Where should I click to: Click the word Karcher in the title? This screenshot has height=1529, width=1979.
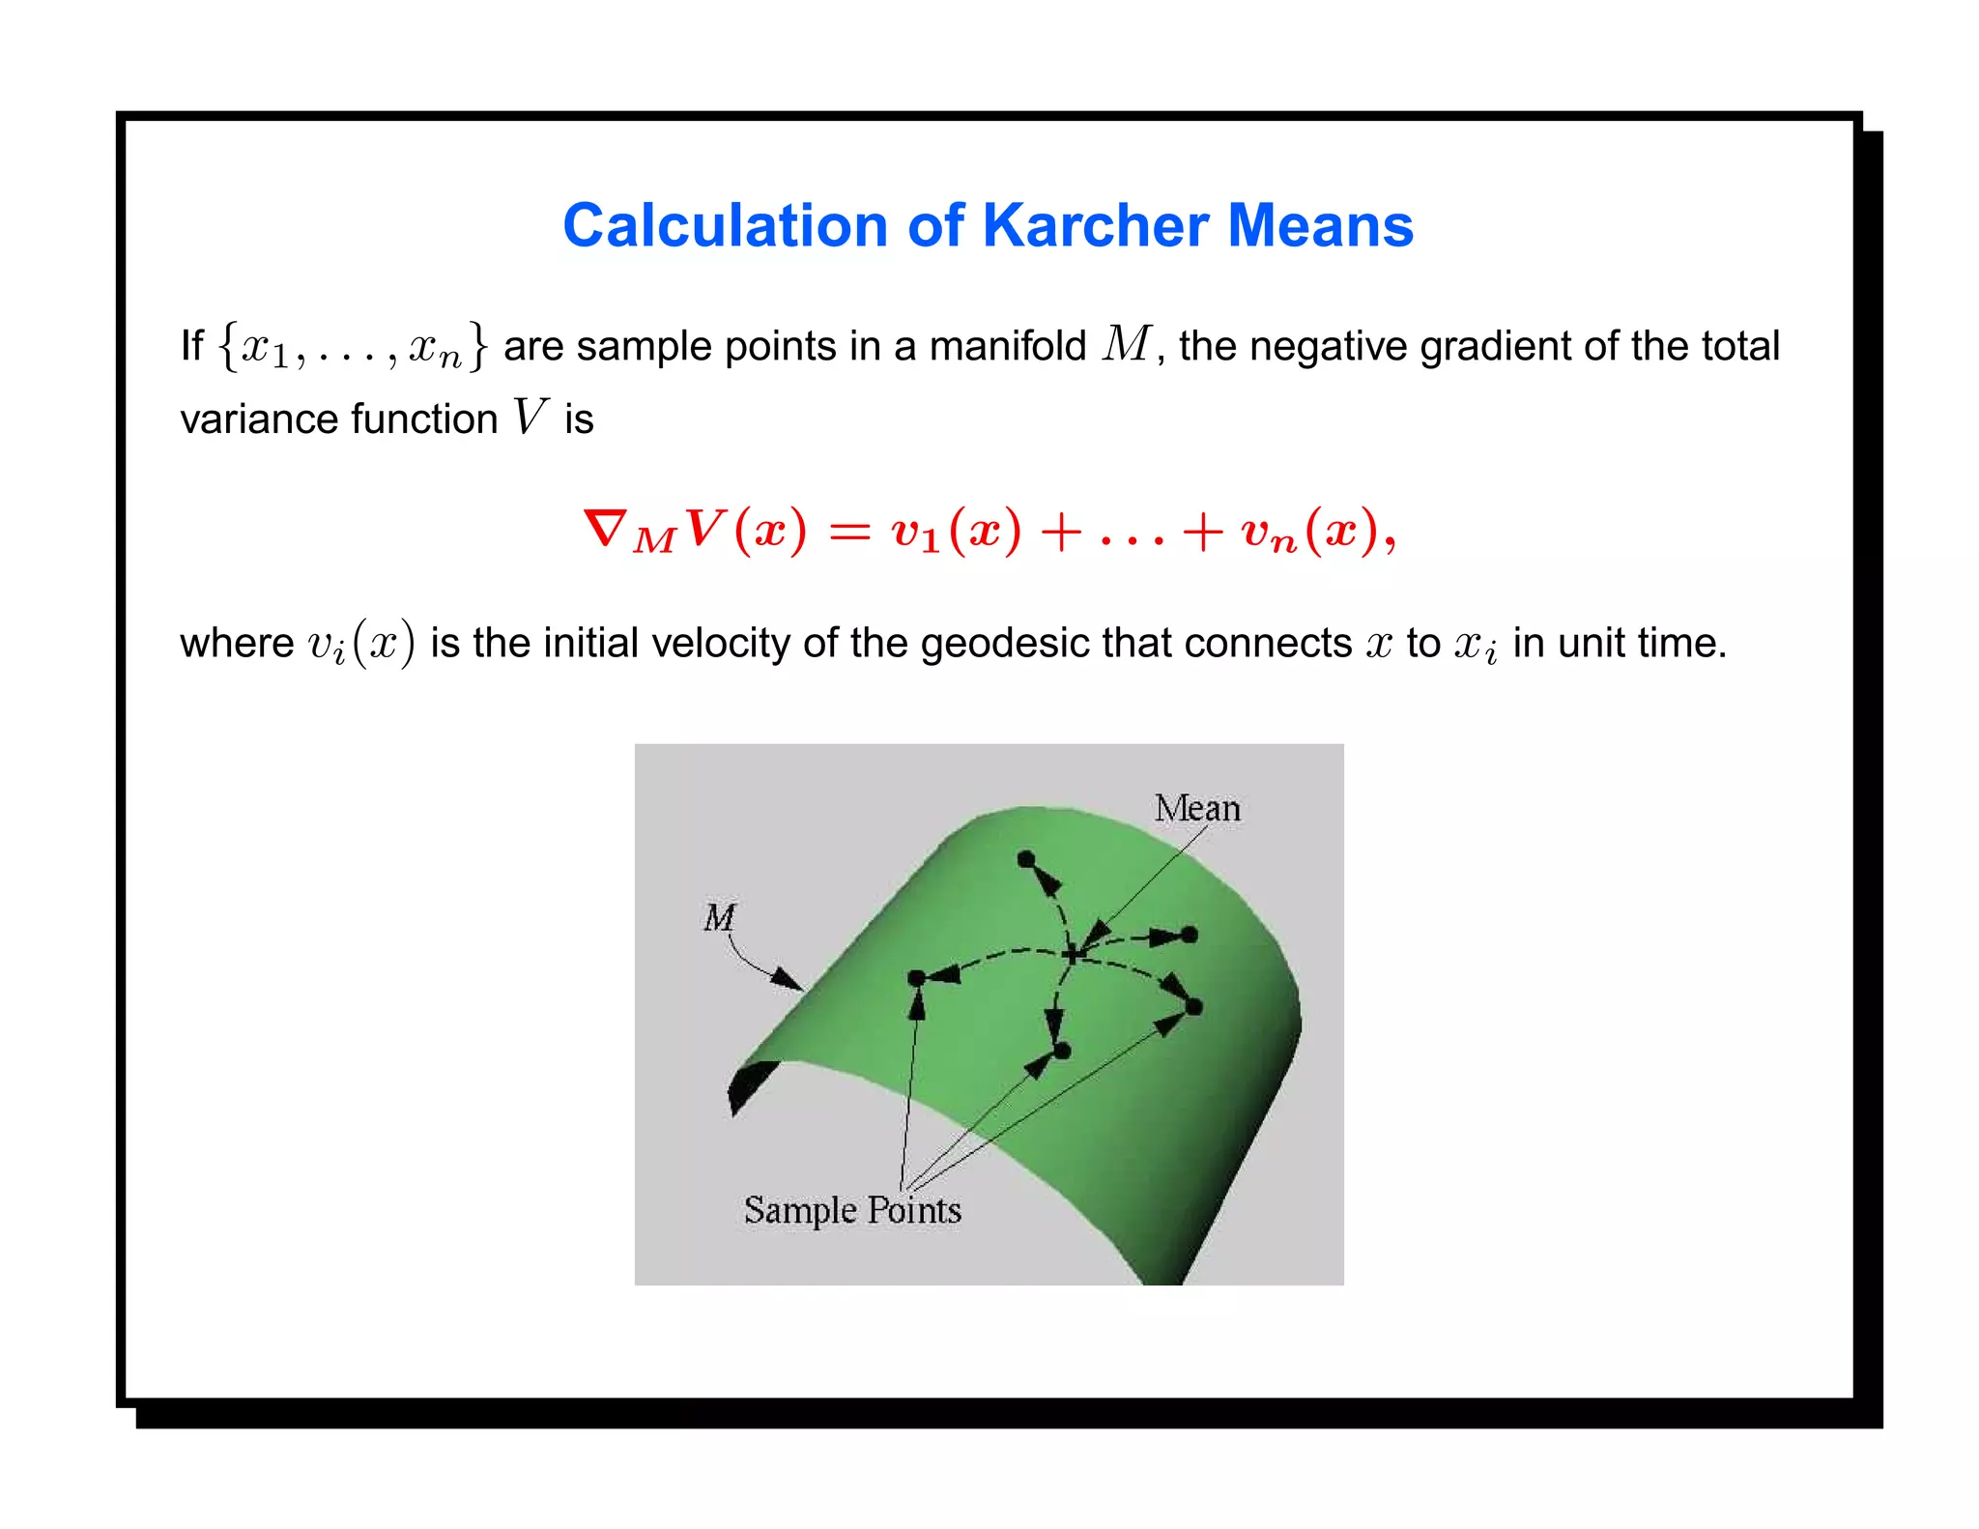tap(1095, 225)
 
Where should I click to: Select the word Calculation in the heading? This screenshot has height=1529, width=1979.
tap(724, 225)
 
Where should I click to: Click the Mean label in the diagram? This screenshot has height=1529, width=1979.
tap(1196, 808)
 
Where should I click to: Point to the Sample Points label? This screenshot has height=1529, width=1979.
tap(852, 1210)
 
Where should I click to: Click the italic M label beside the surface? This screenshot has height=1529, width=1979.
tap(719, 917)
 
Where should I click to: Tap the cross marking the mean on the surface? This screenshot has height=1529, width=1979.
tap(1073, 954)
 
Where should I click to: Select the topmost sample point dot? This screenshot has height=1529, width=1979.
tap(1026, 858)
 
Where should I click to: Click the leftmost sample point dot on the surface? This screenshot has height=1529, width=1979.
tap(917, 978)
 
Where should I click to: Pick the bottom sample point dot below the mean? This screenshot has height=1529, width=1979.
tap(1062, 1050)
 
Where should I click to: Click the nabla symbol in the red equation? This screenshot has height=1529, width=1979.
tap(606, 529)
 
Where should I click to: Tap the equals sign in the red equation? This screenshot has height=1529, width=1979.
tap(849, 532)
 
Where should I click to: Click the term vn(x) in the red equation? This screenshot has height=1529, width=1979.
tap(1309, 532)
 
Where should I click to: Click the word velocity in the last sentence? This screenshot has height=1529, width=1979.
tap(719, 643)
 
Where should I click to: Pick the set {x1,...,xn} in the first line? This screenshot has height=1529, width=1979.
tap(353, 346)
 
